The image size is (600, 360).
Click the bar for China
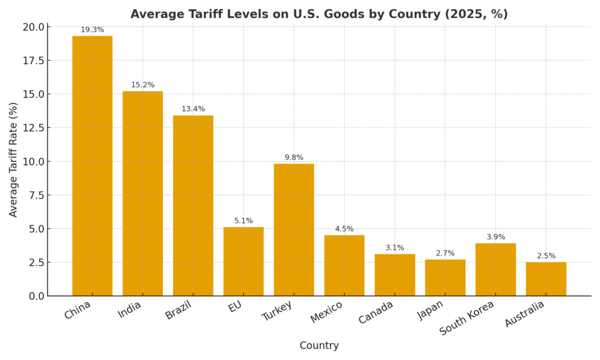[x=92, y=166]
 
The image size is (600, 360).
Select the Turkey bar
[x=294, y=230]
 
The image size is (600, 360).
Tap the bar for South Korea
[x=495, y=269]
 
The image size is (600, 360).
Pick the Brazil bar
[x=193, y=205]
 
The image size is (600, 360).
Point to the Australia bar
[x=546, y=279]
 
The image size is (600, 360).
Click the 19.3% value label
[x=92, y=29]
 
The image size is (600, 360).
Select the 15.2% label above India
[x=142, y=85]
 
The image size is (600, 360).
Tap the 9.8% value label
[x=294, y=157]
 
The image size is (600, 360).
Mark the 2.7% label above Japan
[x=445, y=253]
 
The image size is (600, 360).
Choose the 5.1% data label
[x=243, y=220]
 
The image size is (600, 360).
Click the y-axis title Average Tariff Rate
[x=13, y=159]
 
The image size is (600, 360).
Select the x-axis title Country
[x=319, y=346]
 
